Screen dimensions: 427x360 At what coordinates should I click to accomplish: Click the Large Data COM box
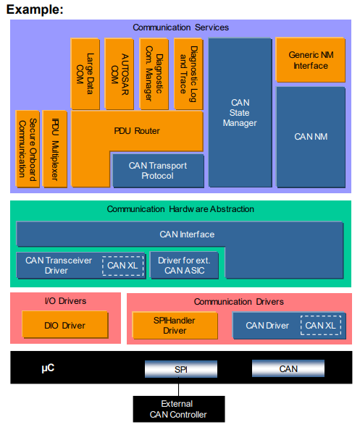pyautogui.click(x=85, y=73)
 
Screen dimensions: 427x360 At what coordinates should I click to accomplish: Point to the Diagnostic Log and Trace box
pyautogui.click(x=188, y=73)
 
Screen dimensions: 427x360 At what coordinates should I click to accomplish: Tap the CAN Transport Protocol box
pyautogui.click(x=157, y=171)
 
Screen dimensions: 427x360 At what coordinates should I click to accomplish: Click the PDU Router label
pyautogui.click(x=137, y=131)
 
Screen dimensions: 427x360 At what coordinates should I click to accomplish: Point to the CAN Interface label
pyautogui.click(x=187, y=234)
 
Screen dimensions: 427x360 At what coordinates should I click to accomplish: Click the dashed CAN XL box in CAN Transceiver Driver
pyautogui.click(x=122, y=266)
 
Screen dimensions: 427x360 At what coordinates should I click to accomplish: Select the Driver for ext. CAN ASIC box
pyautogui.click(x=183, y=266)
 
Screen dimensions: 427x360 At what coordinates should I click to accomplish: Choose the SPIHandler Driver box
pyautogui.click(x=175, y=325)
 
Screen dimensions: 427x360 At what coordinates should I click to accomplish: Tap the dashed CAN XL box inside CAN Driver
pyautogui.click(x=320, y=326)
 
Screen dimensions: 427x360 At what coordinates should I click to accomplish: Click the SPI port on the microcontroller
pyautogui.click(x=182, y=369)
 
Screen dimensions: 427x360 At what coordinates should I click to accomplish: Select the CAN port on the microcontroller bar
pyautogui.click(x=288, y=369)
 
